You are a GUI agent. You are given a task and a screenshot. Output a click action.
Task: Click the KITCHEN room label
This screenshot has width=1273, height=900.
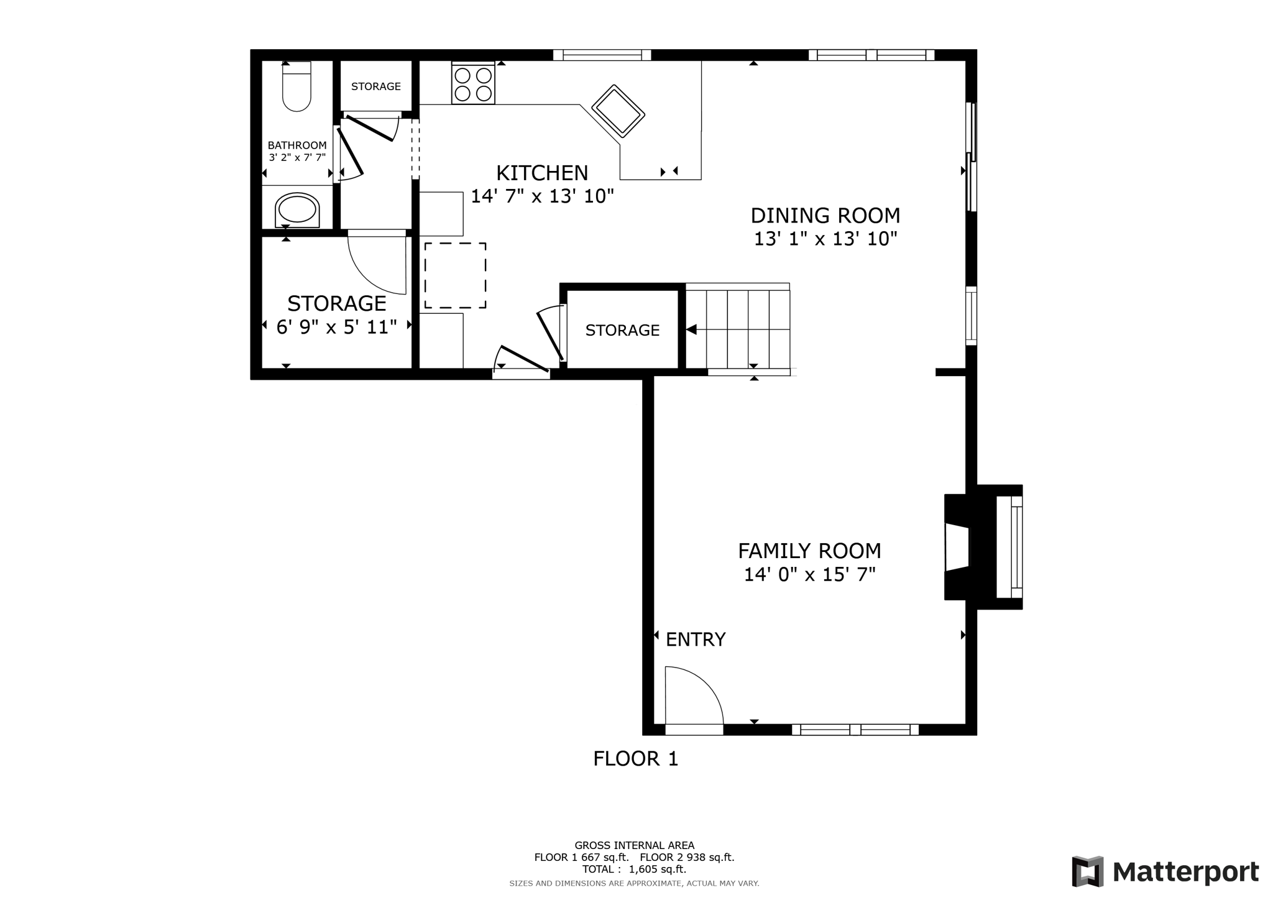(542, 173)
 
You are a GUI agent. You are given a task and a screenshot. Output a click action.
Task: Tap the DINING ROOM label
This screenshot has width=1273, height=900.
(825, 216)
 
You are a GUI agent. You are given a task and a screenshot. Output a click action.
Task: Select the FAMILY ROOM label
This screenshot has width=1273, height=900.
(809, 551)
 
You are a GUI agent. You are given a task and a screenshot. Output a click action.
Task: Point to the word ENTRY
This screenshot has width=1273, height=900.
(696, 640)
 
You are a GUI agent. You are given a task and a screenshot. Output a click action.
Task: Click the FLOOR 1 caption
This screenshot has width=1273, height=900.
(635, 759)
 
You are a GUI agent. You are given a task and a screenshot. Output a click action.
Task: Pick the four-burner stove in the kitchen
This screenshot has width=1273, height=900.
(473, 84)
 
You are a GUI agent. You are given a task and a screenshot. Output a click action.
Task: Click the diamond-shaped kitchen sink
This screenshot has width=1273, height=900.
(618, 111)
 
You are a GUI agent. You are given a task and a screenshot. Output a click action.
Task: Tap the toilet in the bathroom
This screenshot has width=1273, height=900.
(296, 86)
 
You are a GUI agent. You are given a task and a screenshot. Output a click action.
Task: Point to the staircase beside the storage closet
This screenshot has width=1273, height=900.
(738, 329)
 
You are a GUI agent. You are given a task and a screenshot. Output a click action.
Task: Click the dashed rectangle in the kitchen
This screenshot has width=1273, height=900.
(455, 275)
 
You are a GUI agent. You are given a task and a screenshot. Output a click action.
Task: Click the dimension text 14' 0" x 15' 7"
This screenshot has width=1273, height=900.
(809, 575)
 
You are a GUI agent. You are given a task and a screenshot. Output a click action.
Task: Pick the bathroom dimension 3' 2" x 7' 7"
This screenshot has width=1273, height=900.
(297, 158)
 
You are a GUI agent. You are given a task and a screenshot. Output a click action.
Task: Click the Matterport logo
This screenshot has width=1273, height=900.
(1165, 871)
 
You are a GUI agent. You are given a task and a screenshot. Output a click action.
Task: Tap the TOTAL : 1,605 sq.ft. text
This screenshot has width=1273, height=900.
(634, 870)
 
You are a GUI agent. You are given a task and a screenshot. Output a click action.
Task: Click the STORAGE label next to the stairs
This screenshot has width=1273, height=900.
(622, 331)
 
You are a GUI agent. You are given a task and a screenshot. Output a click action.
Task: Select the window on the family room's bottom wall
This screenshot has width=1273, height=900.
(855, 730)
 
